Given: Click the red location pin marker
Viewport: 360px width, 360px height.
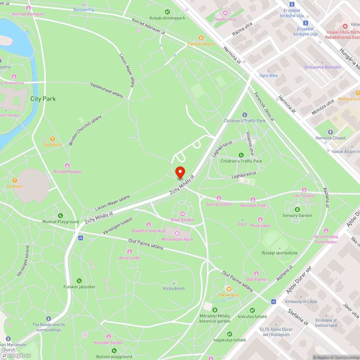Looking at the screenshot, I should point(180,172).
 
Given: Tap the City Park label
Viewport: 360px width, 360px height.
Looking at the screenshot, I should point(43,99).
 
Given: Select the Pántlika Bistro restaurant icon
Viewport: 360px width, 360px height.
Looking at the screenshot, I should point(201,37).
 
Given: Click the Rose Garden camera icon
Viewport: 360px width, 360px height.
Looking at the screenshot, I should point(182,214).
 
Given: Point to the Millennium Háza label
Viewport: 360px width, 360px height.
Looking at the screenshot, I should point(177,239).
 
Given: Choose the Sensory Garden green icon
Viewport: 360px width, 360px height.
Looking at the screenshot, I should point(297,210).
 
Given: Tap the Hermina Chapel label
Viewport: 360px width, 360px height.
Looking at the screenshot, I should point(330,138).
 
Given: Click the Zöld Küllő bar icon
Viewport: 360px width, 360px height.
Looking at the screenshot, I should point(53,139).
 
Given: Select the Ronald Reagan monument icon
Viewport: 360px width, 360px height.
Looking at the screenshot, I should point(67,165).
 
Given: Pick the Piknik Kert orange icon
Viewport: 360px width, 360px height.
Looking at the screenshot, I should point(228,289).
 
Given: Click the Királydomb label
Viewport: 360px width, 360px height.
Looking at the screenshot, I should point(174,288).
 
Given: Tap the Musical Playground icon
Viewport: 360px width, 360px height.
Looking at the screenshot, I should point(60,216).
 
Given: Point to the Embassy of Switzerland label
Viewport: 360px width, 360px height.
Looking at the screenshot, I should point(326,323).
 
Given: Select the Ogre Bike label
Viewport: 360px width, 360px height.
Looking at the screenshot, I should point(269,76).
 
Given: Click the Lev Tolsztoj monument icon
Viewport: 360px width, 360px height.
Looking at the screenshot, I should point(304,190).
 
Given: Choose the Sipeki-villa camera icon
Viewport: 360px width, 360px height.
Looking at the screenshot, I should point(225,13).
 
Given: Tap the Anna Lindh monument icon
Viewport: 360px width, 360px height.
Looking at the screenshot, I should point(130,252).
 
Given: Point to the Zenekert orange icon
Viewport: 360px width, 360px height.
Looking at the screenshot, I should point(15,180).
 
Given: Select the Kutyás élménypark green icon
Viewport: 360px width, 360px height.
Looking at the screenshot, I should point(167,12).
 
